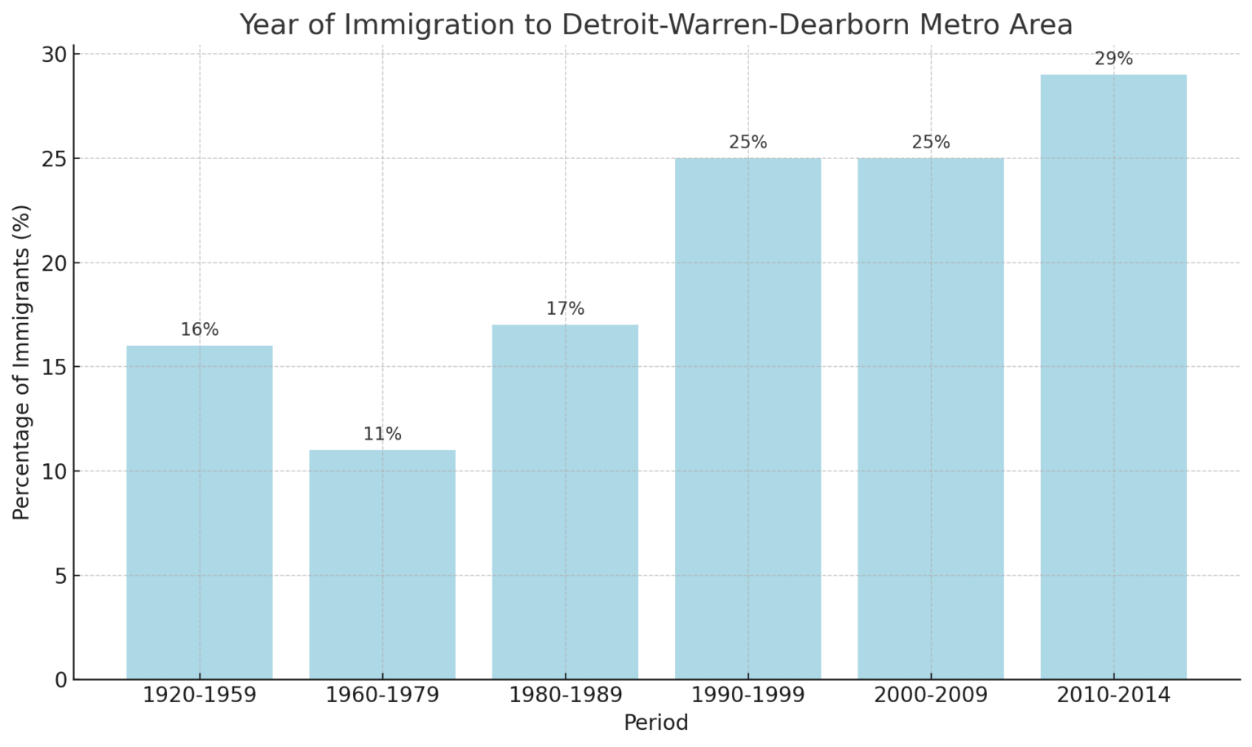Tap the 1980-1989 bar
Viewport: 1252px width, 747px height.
pyautogui.click(x=565, y=502)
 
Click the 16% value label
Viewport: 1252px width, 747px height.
pyautogui.click(x=200, y=330)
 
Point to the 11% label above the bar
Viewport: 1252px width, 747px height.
pyautogui.click(x=382, y=435)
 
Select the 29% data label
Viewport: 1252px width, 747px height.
pyautogui.click(x=1113, y=60)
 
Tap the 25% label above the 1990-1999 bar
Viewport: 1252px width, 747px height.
pyautogui.click(x=748, y=143)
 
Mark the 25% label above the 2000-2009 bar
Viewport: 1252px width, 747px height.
pyautogui.click(x=931, y=143)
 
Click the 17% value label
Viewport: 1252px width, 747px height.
pyautogui.click(x=565, y=310)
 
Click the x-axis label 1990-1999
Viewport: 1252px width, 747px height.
pyautogui.click(x=748, y=696)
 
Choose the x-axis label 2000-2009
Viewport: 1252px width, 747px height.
pyautogui.click(x=931, y=696)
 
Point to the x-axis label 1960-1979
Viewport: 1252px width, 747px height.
pyautogui.click(x=382, y=696)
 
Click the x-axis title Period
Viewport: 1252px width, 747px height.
pyautogui.click(x=656, y=723)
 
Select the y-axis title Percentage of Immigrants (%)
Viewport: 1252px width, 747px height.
pyautogui.click(x=22, y=362)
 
